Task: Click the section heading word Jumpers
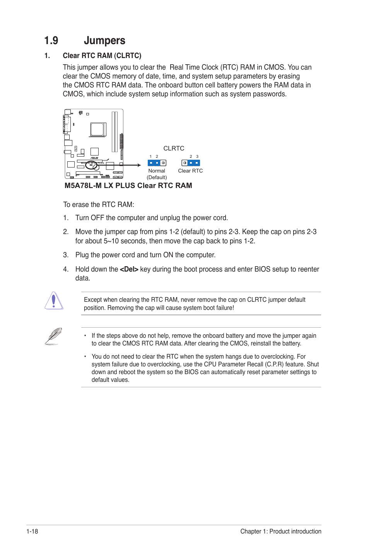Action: coord(104,41)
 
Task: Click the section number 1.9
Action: coord(51,41)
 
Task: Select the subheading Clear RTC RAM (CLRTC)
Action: coord(102,56)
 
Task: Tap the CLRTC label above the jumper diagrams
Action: coord(174,148)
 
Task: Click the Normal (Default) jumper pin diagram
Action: coord(157,163)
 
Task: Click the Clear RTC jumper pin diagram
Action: coord(191,163)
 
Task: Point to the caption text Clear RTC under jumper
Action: coord(190,171)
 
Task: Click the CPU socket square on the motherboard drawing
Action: coord(97,129)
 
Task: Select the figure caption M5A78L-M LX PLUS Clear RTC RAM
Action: coord(128,185)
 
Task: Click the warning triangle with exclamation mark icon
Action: coord(54,301)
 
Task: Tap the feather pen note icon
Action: coord(53,336)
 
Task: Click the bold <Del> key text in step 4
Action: coord(129,269)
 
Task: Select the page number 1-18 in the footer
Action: coord(32,531)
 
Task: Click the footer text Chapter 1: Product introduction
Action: coord(280,531)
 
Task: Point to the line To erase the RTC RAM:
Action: coord(99,205)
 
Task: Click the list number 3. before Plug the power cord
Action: coord(66,255)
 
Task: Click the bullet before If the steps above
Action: coord(85,336)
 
